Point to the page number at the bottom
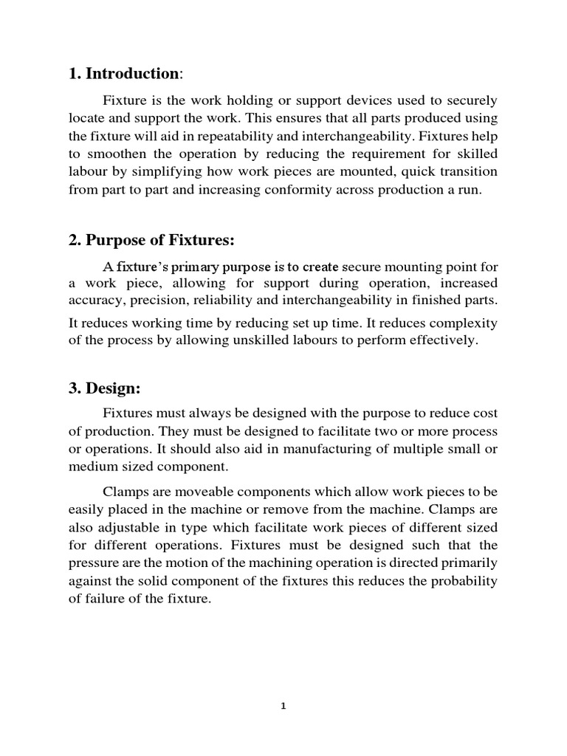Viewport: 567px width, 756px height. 283,705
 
